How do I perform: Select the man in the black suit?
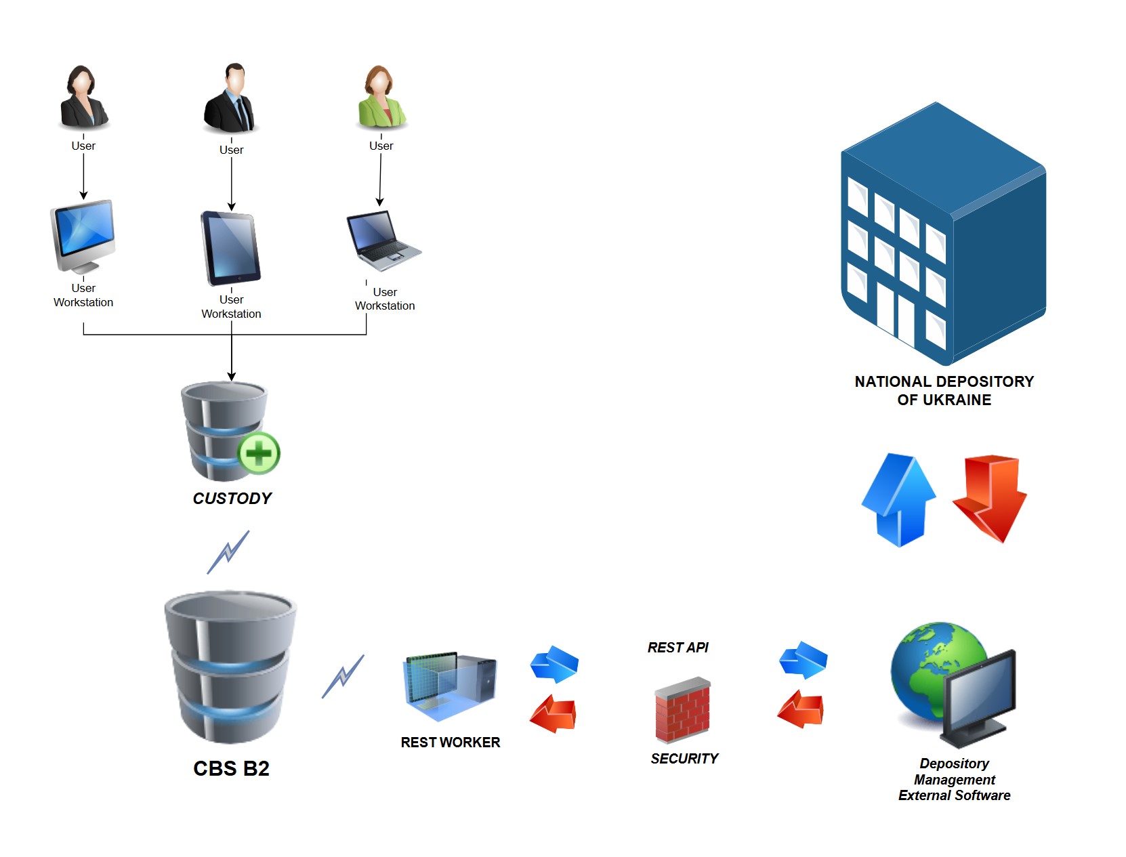pyautogui.click(x=230, y=98)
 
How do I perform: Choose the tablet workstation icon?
pyautogui.click(x=230, y=249)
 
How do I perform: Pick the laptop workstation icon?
pyautogui.click(x=381, y=241)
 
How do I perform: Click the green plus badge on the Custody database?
pyautogui.click(x=259, y=453)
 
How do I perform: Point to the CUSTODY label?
pyautogui.click(x=232, y=499)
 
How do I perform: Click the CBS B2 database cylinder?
pyautogui.click(x=230, y=667)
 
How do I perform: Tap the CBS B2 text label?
pyautogui.click(x=231, y=768)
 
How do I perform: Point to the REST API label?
pyautogui.click(x=677, y=648)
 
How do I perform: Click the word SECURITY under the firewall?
pyautogui.click(x=684, y=759)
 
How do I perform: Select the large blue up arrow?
pyautogui.click(x=898, y=500)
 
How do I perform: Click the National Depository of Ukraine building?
pyautogui.click(x=943, y=234)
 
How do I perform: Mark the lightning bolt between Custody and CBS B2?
pyautogui.click(x=228, y=552)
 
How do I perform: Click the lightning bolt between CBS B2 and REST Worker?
pyautogui.click(x=343, y=676)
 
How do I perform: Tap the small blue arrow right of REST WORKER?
pyautogui.click(x=554, y=663)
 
